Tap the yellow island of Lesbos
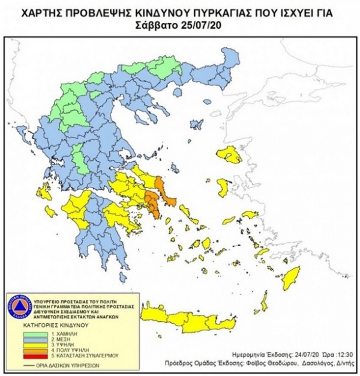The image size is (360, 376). coord(230,156)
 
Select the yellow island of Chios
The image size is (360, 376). coord(222,186)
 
